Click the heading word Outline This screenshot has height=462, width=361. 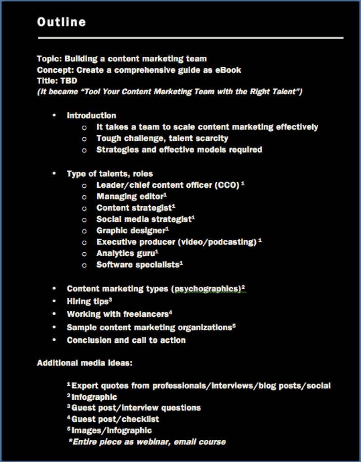(61, 22)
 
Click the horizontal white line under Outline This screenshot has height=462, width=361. (190, 37)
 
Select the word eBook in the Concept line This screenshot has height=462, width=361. (228, 70)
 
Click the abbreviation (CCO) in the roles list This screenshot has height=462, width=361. (227, 185)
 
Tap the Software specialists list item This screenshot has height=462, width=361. (138, 265)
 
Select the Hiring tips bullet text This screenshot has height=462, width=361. (88, 301)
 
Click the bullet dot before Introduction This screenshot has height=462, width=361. (54, 115)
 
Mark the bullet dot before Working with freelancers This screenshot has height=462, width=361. (54, 314)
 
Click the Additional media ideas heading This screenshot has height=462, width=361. (84, 363)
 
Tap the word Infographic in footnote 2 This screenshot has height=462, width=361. (94, 397)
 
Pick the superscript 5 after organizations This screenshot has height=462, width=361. (234, 325)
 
